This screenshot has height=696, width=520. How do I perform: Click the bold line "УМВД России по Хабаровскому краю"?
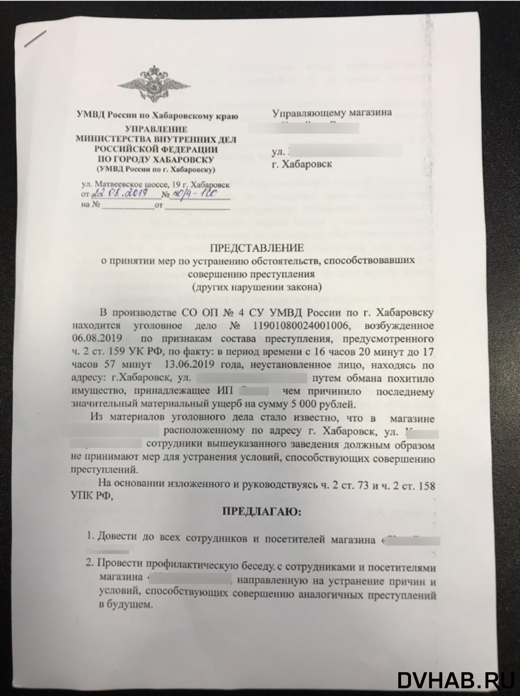click(158, 115)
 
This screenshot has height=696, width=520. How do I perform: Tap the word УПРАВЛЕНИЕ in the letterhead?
click(156, 128)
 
